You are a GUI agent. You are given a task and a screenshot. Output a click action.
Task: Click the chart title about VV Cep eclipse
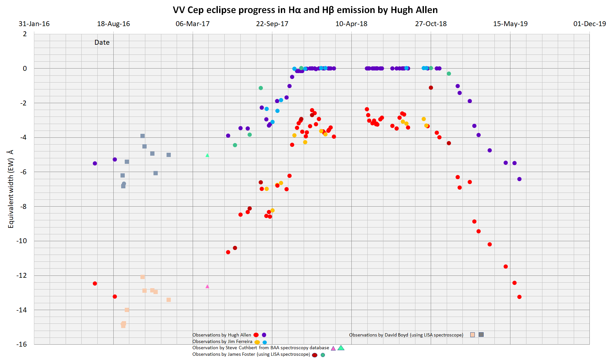click(305, 10)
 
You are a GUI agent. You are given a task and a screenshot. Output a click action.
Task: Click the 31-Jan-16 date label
click(34, 24)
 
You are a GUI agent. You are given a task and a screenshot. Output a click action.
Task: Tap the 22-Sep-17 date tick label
click(272, 24)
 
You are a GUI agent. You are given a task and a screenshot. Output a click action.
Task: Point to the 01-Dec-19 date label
click(589, 24)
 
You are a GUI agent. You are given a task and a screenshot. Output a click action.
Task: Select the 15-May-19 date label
click(510, 24)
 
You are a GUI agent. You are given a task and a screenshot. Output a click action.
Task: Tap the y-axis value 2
click(25, 34)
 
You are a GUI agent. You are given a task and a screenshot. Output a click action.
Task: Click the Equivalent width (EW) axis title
click(11, 189)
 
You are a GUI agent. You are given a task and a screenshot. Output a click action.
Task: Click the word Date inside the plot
click(102, 42)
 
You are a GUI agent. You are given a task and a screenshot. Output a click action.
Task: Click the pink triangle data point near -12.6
click(207, 287)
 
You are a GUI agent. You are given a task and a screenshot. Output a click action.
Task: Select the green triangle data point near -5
click(207, 155)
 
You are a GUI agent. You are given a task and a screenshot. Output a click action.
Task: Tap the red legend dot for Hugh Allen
click(256, 335)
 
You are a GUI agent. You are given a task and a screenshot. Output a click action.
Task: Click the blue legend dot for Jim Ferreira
click(265, 342)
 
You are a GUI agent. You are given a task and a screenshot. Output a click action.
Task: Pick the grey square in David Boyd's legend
click(481, 335)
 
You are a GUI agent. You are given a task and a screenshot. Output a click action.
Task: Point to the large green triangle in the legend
click(341, 348)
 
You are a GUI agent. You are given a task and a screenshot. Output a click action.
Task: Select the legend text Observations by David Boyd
click(406, 335)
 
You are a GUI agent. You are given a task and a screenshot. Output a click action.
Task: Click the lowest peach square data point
click(123, 325)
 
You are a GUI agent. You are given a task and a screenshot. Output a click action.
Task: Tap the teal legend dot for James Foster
click(323, 355)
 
